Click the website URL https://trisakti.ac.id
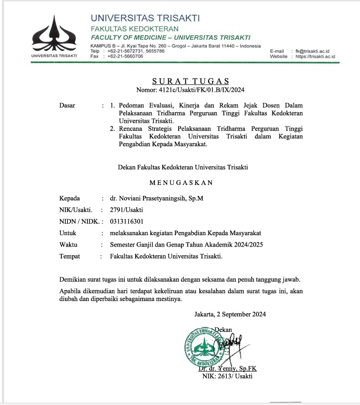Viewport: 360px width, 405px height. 315,57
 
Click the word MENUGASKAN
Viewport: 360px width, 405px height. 181,183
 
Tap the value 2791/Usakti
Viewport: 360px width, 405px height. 127,210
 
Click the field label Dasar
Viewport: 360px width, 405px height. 67,105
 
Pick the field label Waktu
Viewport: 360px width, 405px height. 68,245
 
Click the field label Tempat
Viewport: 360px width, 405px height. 69,256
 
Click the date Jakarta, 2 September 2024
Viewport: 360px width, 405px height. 230,314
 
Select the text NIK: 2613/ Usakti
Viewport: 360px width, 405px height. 227,376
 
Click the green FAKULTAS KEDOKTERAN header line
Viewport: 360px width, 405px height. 128,29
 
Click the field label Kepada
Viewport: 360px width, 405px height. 69,199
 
